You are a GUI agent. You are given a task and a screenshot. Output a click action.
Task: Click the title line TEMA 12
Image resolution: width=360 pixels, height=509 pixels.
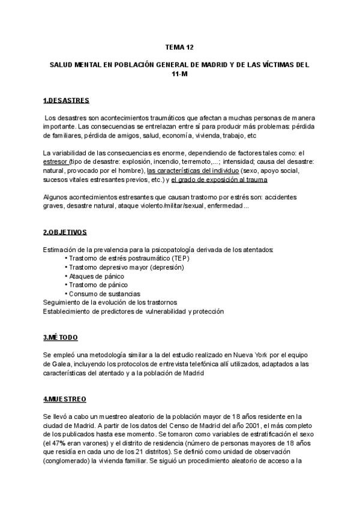179,46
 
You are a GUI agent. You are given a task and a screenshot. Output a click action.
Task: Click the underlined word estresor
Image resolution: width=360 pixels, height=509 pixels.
56,162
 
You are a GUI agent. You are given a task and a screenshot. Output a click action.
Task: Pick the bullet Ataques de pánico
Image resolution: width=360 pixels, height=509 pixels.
99,276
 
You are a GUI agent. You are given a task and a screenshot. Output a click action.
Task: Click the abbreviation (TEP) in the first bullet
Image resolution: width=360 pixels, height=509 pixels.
176,258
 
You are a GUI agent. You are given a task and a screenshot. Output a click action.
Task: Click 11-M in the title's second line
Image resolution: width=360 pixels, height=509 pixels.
179,73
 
